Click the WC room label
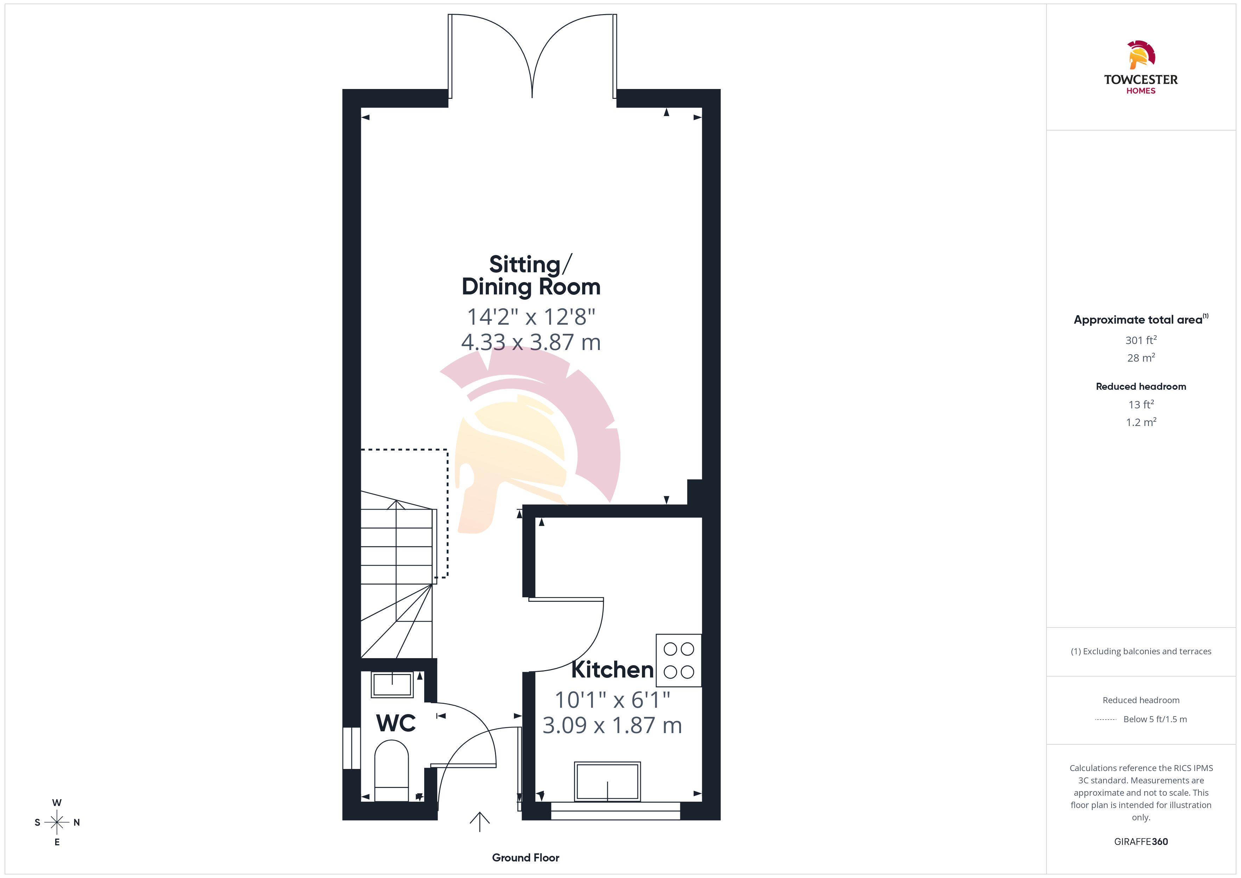click(396, 723)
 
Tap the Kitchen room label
click(612, 670)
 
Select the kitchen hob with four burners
click(679, 660)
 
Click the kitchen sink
click(607, 781)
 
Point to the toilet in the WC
click(391, 770)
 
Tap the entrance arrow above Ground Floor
click(479, 822)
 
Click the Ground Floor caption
click(526, 858)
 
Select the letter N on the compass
click(77, 822)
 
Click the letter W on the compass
click(57, 803)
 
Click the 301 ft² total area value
click(1141, 340)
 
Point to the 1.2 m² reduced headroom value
click(1141, 422)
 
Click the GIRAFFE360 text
click(1141, 842)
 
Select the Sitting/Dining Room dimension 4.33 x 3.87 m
click(531, 342)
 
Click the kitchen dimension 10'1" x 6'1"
click(612, 700)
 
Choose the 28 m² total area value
click(1141, 358)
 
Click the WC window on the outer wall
click(352, 748)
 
